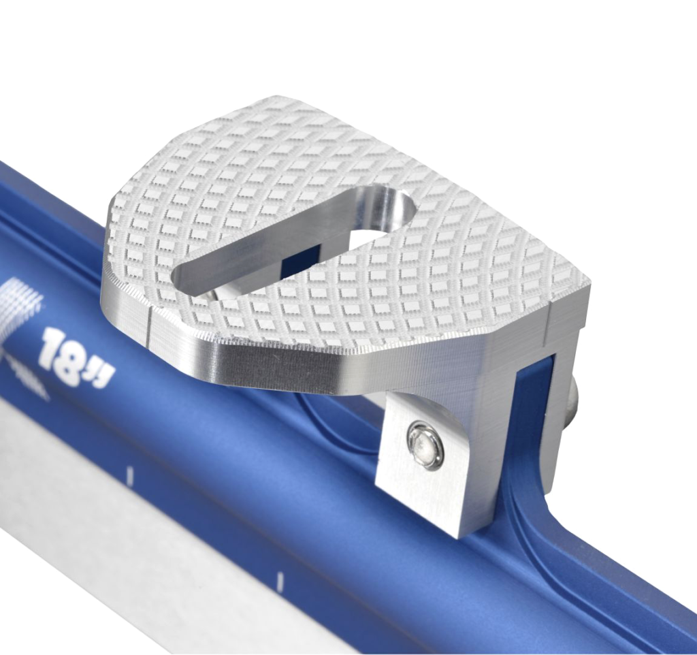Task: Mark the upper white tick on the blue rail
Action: click(130, 475)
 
